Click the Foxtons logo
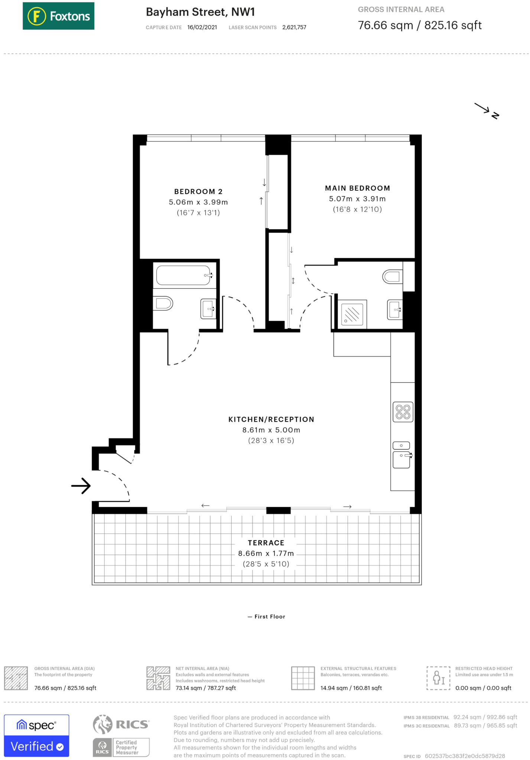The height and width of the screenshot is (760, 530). coord(58,16)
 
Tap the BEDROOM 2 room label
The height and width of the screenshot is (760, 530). coord(198,191)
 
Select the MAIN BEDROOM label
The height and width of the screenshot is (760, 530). coord(357,188)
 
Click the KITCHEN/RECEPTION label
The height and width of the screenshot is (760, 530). coord(271,419)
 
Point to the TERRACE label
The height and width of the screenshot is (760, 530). coord(266,543)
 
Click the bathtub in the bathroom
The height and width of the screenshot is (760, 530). coord(183,275)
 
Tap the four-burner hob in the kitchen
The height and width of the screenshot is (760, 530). coord(403,412)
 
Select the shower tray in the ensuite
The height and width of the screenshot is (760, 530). coord(352,314)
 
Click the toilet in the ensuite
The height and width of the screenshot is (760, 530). coord(393,276)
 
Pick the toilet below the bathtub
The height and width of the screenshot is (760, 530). coord(163,303)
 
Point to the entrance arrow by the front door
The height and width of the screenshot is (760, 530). coord(81,485)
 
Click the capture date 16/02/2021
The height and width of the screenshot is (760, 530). coord(202,27)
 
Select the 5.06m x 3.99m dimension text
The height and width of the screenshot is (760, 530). coord(198,202)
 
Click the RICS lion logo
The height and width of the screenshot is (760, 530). coord(103,724)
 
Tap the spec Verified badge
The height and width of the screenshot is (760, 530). coord(36,736)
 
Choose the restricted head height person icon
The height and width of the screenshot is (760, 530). coord(438,678)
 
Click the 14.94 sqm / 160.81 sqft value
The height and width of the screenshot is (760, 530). coord(351,688)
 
